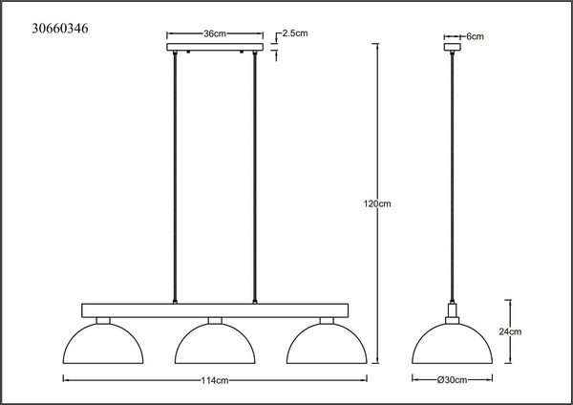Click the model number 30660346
click(60, 28)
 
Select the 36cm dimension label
click(215, 34)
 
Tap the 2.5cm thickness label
click(295, 33)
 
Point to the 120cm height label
click(377, 203)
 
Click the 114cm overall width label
click(215, 380)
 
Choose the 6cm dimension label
click(475, 36)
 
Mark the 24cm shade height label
click(510, 331)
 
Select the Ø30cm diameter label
click(452, 380)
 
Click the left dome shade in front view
click(103, 324)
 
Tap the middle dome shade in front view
click(215, 324)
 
